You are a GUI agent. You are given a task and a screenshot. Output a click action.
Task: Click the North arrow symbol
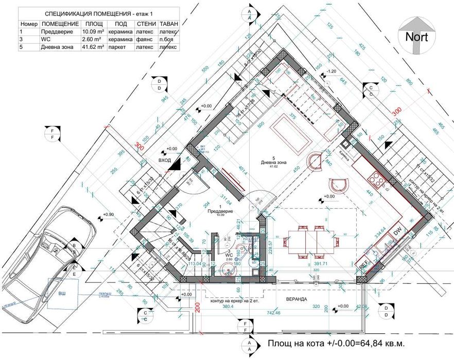pyautogui.click(x=417, y=35)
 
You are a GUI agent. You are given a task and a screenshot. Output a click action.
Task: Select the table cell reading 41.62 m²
pyautogui.click(x=94, y=46)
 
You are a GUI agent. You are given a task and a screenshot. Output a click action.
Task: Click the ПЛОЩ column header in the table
pyautogui.click(x=94, y=24)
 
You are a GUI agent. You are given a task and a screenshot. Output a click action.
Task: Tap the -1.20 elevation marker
pyautogui.click(x=332, y=71)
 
